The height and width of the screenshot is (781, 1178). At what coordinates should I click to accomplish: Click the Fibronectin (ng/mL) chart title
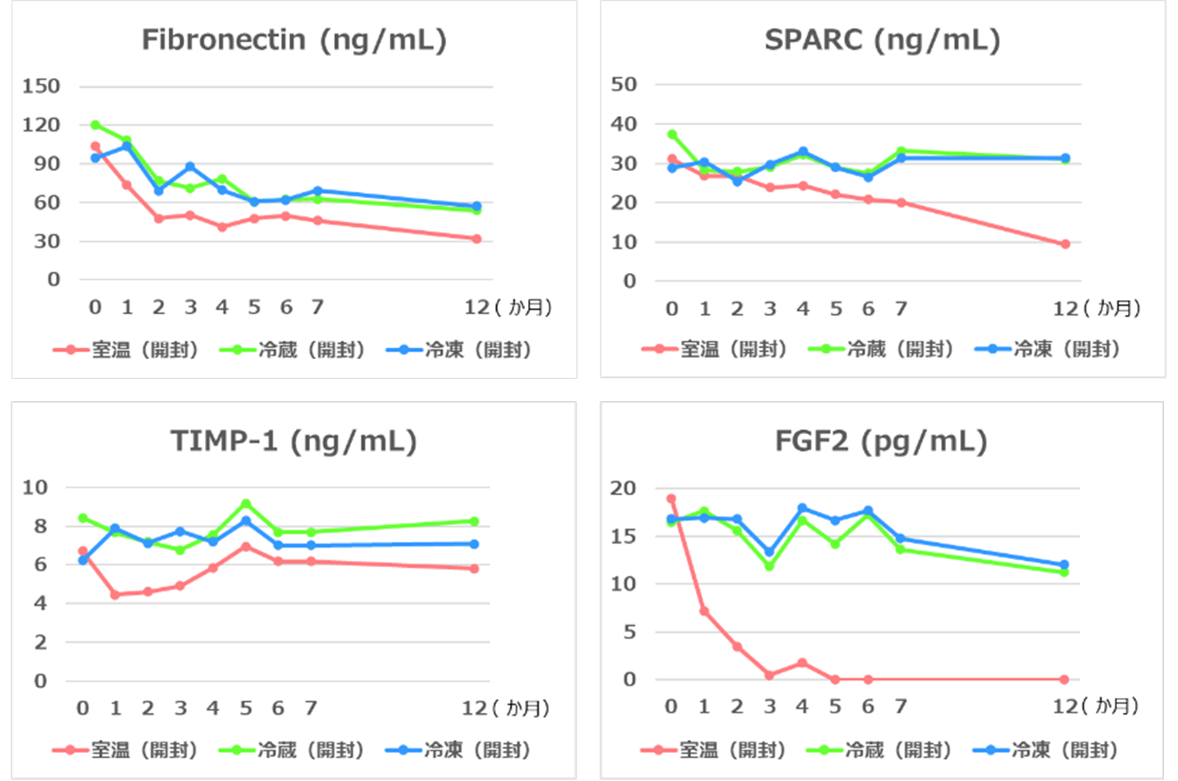(294, 39)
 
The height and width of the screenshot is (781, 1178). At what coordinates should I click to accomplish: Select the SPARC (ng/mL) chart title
(882, 39)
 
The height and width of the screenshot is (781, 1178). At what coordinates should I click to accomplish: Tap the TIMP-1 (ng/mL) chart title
(294, 441)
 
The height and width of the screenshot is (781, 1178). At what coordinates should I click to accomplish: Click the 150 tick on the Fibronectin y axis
(41, 86)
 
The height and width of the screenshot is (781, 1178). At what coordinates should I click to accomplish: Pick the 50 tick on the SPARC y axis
(624, 84)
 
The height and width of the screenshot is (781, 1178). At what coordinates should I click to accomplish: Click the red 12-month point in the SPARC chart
(1065, 244)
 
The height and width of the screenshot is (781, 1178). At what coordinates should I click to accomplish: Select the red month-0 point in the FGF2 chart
(671, 499)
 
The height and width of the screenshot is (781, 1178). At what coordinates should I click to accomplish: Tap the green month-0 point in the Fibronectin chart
(95, 125)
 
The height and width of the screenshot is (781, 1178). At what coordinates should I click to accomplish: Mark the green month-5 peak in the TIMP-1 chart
(246, 504)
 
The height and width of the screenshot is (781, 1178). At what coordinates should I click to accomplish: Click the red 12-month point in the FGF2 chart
(1064, 680)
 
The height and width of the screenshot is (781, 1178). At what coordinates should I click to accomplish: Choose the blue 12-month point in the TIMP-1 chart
(475, 544)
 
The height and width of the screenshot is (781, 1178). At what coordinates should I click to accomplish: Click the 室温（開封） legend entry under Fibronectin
(126, 350)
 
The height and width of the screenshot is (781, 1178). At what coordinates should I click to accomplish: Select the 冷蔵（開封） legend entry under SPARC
(881, 349)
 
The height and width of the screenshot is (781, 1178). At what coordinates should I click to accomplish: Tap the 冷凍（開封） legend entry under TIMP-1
(459, 750)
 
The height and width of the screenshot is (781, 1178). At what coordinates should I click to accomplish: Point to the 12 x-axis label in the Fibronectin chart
(477, 307)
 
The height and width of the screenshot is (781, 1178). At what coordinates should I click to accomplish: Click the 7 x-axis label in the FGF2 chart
(901, 706)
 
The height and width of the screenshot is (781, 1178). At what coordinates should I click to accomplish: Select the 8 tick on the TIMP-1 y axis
(39, 526)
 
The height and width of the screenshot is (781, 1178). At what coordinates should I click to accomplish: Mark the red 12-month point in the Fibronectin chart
(477, 239)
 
